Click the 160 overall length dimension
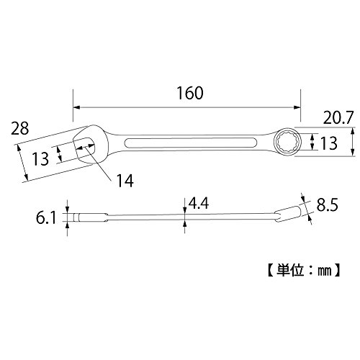[x=190, y=93]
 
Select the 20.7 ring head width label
[x=338, y=117]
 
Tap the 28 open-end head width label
[x=19, y=128]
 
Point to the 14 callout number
[x=125, y=181]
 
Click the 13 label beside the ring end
[x=329, y=143]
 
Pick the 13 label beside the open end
[x=40, y=159]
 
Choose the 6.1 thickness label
[x=46, y=217]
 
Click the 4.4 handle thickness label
[x=199, y=203]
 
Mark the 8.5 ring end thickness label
[x=328, y=204]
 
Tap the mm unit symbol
[x=325, y=271]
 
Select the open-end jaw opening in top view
[x=84, y=147]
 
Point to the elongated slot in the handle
[x=191, y=144]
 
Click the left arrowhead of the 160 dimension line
[x=76, y=107]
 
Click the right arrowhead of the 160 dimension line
[x=297, y=107]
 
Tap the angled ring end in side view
[x=288, y=213]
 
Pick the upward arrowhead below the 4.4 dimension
[x=184, y=223]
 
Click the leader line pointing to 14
[x=99, y=163]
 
